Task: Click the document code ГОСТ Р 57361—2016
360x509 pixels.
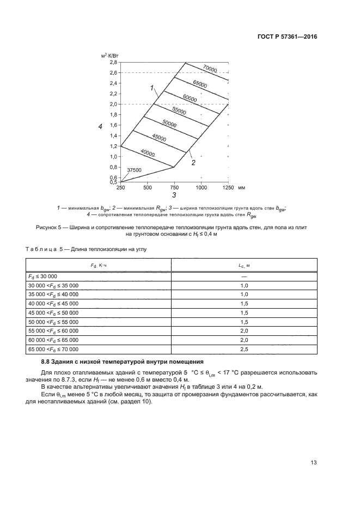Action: pyautogui.click(x=287, y=37)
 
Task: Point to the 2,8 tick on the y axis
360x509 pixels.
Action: pyautogui.click(x=113, y=63)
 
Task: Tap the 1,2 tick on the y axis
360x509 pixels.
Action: pyautogui.click(x=113, y=146)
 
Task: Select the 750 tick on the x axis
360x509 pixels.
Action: pyautogui.click(x=174, y=187)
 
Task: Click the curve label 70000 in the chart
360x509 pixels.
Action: pyautogui.click(x=210, y=69)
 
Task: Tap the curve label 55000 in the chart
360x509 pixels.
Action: pyautogui.click(x=179, y=111)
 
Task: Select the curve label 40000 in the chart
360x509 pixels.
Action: pyautogui.click(x=148, y=153)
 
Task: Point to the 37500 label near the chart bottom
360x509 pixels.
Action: pyautogui.click(x=134, y=170)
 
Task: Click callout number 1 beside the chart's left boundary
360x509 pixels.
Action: pyautogui.click(x=154, y=87)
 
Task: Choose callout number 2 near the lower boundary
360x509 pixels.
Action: pyautogui.click(x=193, y=162)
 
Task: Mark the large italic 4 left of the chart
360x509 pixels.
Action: pyautogui.click(x=100, y=127)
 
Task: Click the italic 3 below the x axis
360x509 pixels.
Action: pyautogui.click(x=174, y=195)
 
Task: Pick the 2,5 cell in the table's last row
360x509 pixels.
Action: pyautogui.click(x=243, y=349)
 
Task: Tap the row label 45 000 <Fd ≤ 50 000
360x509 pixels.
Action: pyautogui.click(x=53, y=312)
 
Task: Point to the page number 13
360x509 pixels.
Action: pyautogui.click(x=313, y=463)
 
